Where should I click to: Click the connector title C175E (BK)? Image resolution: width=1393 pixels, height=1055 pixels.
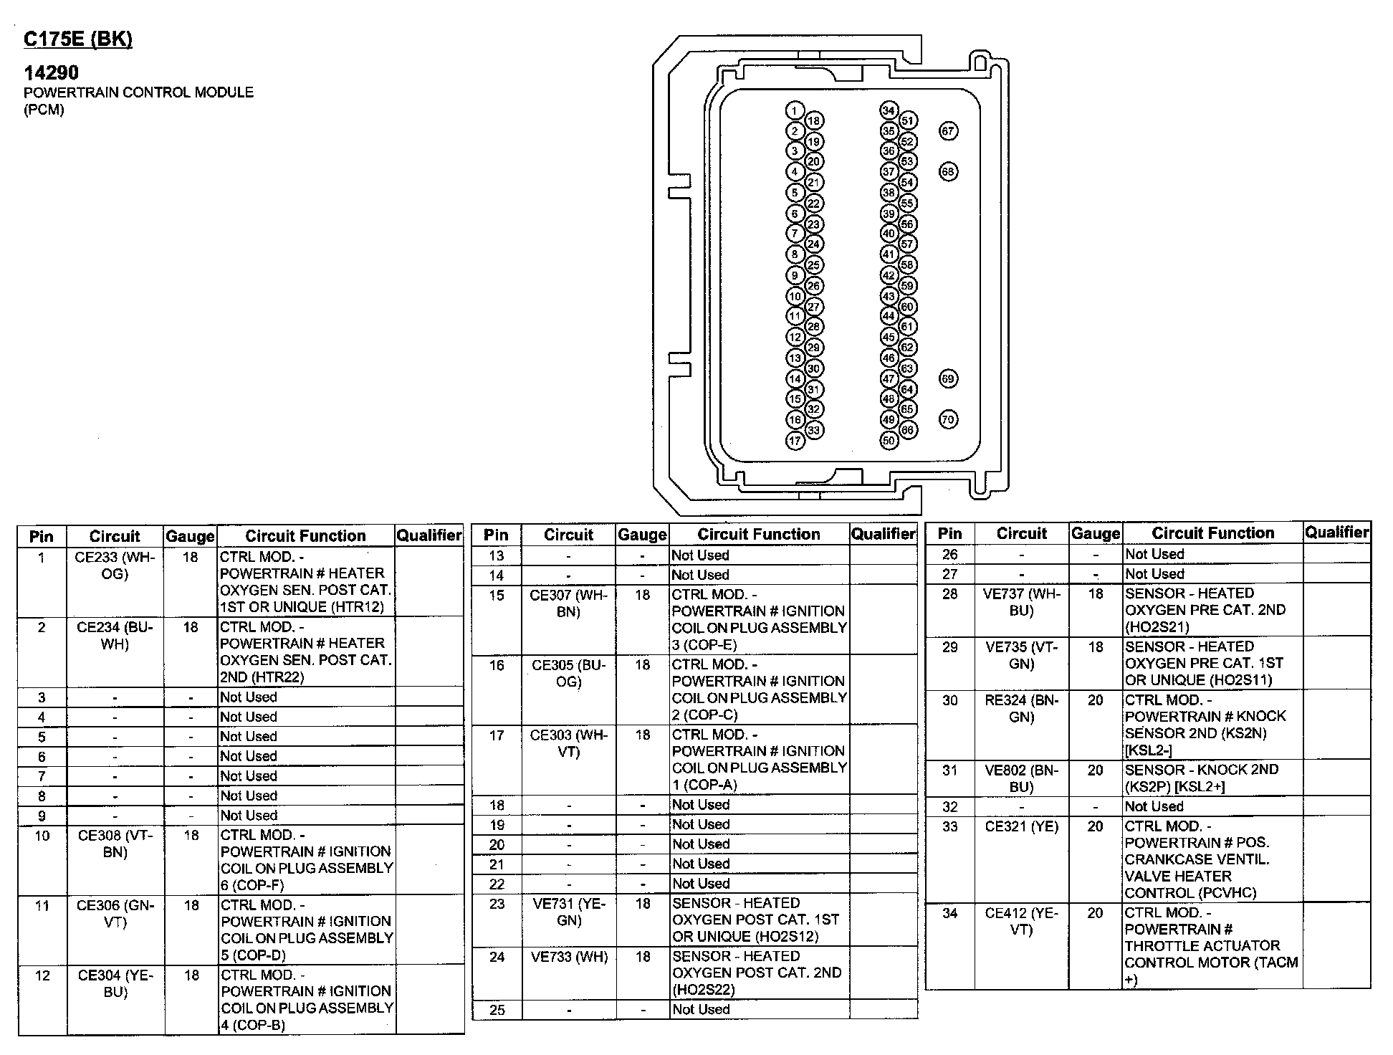(77, 39)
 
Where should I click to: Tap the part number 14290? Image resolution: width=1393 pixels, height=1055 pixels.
(51, 72)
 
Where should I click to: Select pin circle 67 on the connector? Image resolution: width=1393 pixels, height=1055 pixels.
(948, 131)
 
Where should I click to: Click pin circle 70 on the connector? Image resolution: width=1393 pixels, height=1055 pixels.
(948, 419)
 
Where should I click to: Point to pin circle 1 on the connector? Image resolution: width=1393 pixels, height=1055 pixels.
(794, 110)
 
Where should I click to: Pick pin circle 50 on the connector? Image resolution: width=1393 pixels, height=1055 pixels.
(889, 440)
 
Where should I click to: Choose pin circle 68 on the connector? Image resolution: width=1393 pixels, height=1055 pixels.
(948, 172)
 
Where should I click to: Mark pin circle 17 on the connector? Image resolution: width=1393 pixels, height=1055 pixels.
(795, 441)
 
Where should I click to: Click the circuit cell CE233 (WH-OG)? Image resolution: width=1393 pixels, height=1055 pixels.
(114, 565)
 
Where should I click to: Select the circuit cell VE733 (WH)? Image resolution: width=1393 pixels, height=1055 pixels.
(568, 957)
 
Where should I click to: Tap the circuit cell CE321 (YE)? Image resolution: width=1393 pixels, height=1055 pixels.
(1021, 826)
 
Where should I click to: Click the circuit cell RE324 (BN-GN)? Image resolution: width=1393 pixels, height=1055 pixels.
(1021, 708)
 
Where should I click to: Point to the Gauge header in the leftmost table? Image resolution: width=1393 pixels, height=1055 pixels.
(190, 536)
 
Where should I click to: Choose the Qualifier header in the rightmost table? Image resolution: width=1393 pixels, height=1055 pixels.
(1336, 532)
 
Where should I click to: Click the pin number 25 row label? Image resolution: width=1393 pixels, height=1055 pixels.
(497, 1010)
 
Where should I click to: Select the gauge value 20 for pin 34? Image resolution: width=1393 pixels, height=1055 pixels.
(1095, 913)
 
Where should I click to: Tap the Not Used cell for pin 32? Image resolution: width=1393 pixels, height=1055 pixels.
(1154, 806)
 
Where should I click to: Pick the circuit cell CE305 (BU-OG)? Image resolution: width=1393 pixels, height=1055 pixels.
(568, 673)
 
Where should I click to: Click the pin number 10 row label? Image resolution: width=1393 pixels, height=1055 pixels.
(42, 836)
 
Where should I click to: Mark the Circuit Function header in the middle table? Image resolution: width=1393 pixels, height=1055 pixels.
(758, 534)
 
